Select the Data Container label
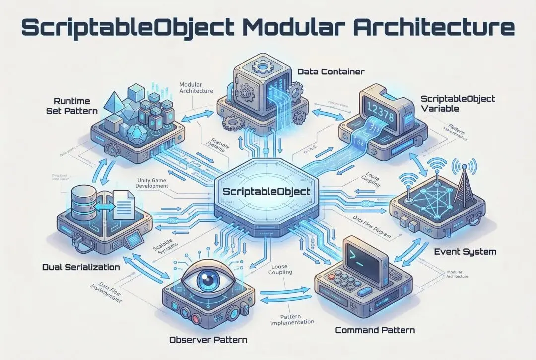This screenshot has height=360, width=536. coord(331,72)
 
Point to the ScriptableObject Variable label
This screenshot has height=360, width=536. coord(458,104)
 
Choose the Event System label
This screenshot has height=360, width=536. coord(465,252)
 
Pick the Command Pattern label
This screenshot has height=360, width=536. coord(375,330)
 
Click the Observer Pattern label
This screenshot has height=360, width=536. coord(208,340)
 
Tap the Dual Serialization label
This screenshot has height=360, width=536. coord(81,267)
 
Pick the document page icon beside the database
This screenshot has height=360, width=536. coord(123,205)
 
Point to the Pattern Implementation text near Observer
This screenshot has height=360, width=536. coord(292,319)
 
